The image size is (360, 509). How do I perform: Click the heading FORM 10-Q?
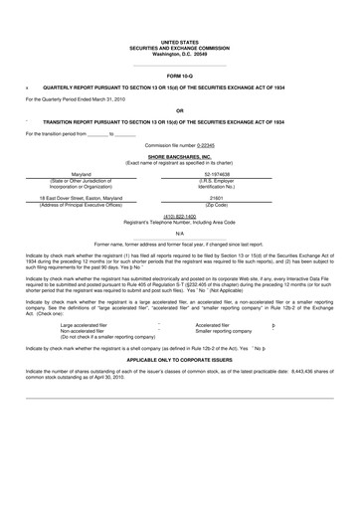(x=179, y=76)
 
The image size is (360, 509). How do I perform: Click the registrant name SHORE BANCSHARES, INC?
(x=179, y=157)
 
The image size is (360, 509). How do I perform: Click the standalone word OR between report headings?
(x=179, y=109)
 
